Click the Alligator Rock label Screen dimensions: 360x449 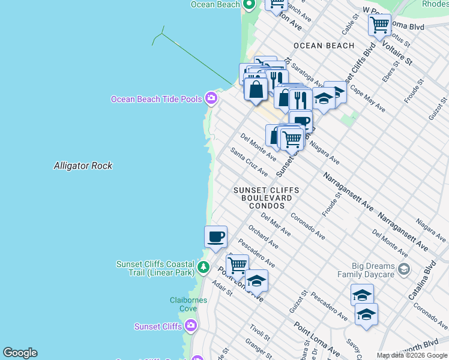click(83, 166)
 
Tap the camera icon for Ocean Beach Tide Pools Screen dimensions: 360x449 click(211, 98)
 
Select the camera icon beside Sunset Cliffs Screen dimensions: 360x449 click(191, 326)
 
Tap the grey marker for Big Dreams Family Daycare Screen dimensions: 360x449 click(403, 268)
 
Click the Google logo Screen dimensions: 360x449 click(20, 353)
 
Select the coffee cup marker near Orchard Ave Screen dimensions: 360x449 click(215, 236)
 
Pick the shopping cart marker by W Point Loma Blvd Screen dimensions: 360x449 click(379, 25)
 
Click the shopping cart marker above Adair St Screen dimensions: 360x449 click(237, 264)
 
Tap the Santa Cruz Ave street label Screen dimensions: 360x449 click(249, 162)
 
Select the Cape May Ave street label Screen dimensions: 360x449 click(367, 98)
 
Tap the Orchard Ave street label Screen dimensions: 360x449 click(263, 236)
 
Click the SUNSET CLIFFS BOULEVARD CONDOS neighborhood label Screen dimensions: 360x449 click(267, 198)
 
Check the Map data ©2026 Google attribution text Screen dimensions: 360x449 click(412, 355)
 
